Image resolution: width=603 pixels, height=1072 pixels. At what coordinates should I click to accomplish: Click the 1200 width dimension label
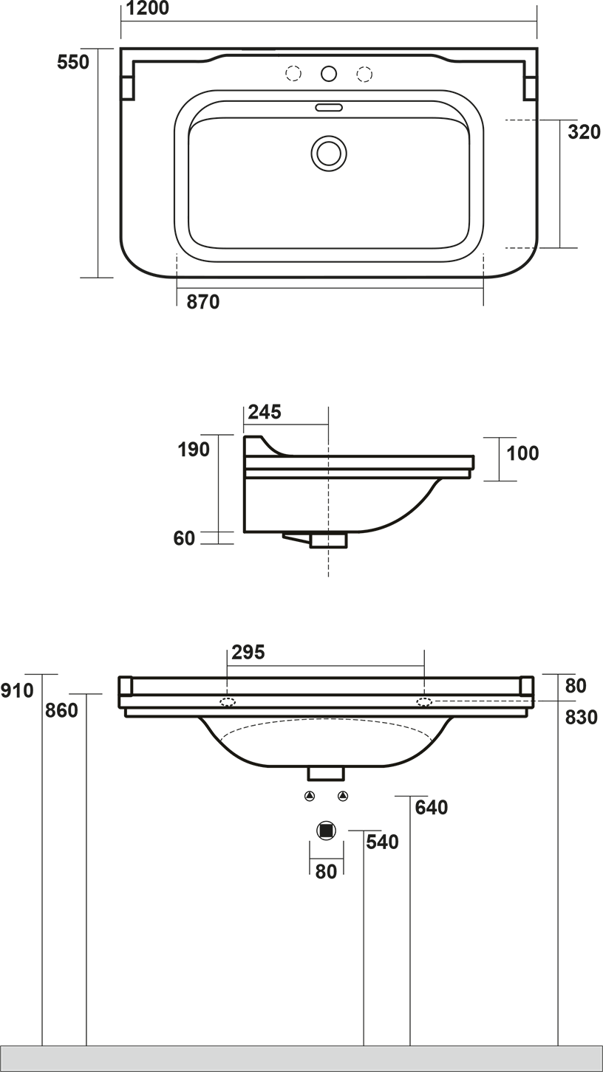pyautogui.click(x=148, y=8)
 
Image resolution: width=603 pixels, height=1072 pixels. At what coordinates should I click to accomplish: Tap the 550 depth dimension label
pyautogui.click(x=73, y=62)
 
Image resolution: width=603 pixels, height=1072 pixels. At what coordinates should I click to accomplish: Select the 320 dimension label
pyautogui.click(x=584, y=131)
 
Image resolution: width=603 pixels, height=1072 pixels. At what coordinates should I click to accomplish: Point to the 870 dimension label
pyautogui.click(x=203, y=302)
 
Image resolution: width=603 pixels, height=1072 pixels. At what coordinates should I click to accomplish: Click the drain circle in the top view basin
pyautogui.click(x=329, y=154)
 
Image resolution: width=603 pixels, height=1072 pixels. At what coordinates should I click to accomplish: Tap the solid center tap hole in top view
pyautogui.click(x=329, y=74)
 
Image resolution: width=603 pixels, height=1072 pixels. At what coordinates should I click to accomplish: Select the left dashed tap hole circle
pyautogui.click(x=293, y=74)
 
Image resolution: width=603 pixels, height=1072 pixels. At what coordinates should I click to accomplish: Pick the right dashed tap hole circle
pyautogui.click(x=364, y=74)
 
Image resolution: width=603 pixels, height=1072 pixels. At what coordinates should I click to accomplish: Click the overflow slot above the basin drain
pyautogui.click(x=329, y=107)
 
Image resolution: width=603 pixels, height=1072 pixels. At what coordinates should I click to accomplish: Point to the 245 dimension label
pyautogui.click(x=265, y=411)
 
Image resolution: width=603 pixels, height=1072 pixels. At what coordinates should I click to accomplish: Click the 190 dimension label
pyautogui.click(x=194, y=450)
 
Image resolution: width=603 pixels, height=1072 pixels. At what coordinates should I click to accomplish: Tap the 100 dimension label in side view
pyautogui.click(x=522, y=453)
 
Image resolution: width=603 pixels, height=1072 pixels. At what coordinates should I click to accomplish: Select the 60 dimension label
pyautogui.click(x=184, y=538)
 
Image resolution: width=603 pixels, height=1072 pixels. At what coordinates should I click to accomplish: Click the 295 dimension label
pyautogui.click(x=248, y=652)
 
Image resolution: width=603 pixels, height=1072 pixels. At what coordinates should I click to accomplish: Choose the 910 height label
pyautogui.click(x=17, y=690)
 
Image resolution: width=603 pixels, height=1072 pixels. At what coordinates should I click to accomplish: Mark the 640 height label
pyautogui.click(x=432, y=808)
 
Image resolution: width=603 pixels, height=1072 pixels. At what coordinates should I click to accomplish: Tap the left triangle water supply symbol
pyautogui.click(x=310, y=796)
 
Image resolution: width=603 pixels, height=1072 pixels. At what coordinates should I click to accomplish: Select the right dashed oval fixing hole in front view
pyautogui.click(x=424, y=701)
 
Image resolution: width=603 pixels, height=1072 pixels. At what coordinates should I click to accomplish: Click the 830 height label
pyautogui.click(x=582, y=717)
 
